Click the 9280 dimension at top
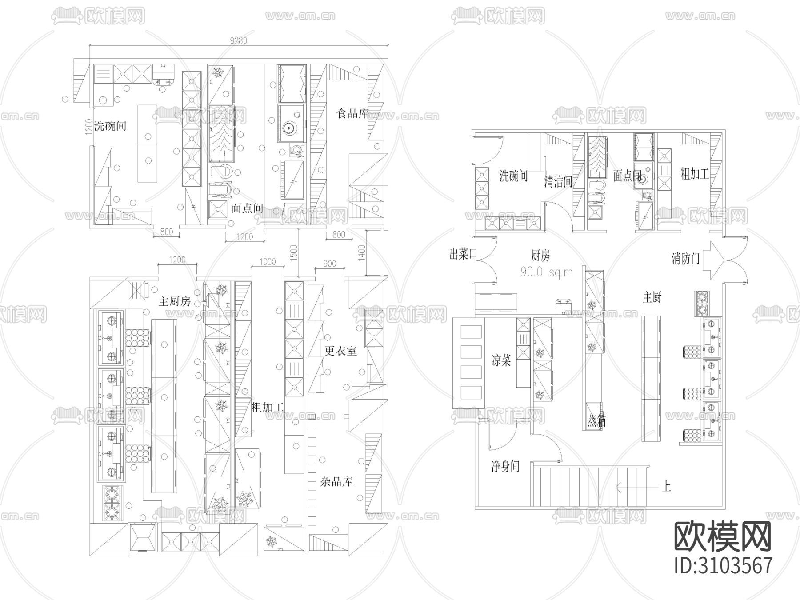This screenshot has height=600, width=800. pos(239,40)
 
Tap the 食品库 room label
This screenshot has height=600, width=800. pos(353,114)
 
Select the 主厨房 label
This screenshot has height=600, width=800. pos(175,302)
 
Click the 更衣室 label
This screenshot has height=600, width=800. pos(341,351)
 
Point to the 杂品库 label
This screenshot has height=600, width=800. pos(336,481)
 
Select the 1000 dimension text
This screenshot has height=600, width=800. pos(267,262)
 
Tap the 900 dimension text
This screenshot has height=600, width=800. pos(329,264)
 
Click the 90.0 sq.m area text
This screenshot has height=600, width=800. pos(546,272)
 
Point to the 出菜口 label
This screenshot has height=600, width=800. pos(464,254)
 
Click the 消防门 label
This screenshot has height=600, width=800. pos(686,258)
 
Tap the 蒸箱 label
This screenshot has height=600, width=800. pos(596,421)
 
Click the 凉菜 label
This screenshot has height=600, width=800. pos(501,360)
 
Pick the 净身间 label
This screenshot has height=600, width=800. pos(505,466)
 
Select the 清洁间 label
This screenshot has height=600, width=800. pos(558,181)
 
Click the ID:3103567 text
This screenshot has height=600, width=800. pos(723,565)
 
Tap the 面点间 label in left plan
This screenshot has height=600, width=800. pos(247,208)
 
